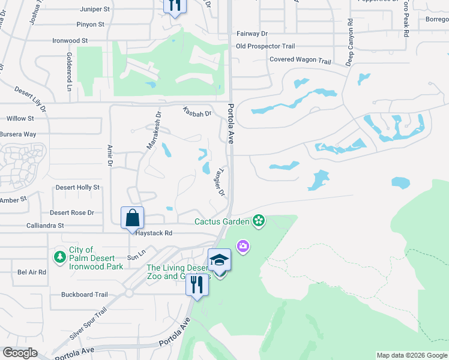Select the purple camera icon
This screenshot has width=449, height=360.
click(243, 246)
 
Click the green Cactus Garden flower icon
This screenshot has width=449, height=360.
click(259, 221)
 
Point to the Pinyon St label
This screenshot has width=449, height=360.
click(91, 25)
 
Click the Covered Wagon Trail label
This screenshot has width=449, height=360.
click(300, 61)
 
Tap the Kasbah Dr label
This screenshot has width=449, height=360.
click(197, 112)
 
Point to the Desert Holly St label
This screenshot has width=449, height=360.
click(77, 188)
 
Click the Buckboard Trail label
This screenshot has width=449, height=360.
click(84, 295)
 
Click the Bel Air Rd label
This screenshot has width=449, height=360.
click(32, 272)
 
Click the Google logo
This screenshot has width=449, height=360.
click(20, 353)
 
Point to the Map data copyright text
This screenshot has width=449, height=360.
click(411, 355)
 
